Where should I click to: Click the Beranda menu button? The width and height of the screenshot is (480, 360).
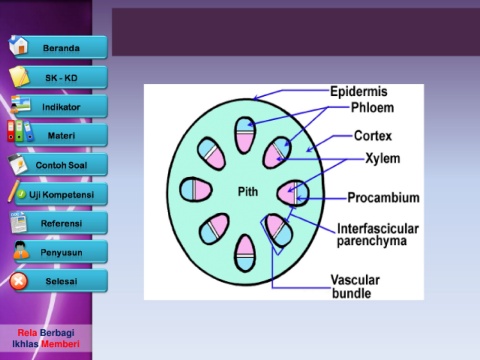(x=61, y=48)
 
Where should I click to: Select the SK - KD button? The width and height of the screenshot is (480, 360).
(x=61, y=78)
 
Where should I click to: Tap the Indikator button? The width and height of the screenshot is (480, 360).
(x=61, y=107)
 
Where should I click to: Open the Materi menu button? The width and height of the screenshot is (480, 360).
(x=61, y=135)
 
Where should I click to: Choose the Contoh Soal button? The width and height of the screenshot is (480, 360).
(x=61, y=165)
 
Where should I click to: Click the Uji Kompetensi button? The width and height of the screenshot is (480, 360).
(x=61, y=194)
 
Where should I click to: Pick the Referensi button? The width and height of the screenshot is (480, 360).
(x=61, y=223)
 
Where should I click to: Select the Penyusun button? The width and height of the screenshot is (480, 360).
(x=61, y=252)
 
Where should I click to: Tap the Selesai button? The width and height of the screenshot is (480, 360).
(x=61, y=281)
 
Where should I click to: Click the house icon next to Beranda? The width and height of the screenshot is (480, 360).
(x=18, y=45)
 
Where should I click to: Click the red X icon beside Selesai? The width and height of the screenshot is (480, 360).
(x=19, y=281)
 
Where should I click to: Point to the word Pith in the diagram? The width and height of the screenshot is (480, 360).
(x=248, y=192)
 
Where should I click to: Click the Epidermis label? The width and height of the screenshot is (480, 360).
(x=359, y=91)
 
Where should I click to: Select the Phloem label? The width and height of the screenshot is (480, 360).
(x=372, y=107)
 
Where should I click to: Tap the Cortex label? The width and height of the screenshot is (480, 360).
(x=373, y=136)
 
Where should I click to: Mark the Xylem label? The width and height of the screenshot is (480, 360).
(x=383, y=158)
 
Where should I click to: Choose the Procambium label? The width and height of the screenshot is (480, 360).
(x=383, y=198)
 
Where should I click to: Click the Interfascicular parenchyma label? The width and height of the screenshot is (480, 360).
(x=378, y=235)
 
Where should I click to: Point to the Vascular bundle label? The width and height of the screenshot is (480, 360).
(x=355, y=287)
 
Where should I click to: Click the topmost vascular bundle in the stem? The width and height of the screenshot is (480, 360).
(x=245, y=135)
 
